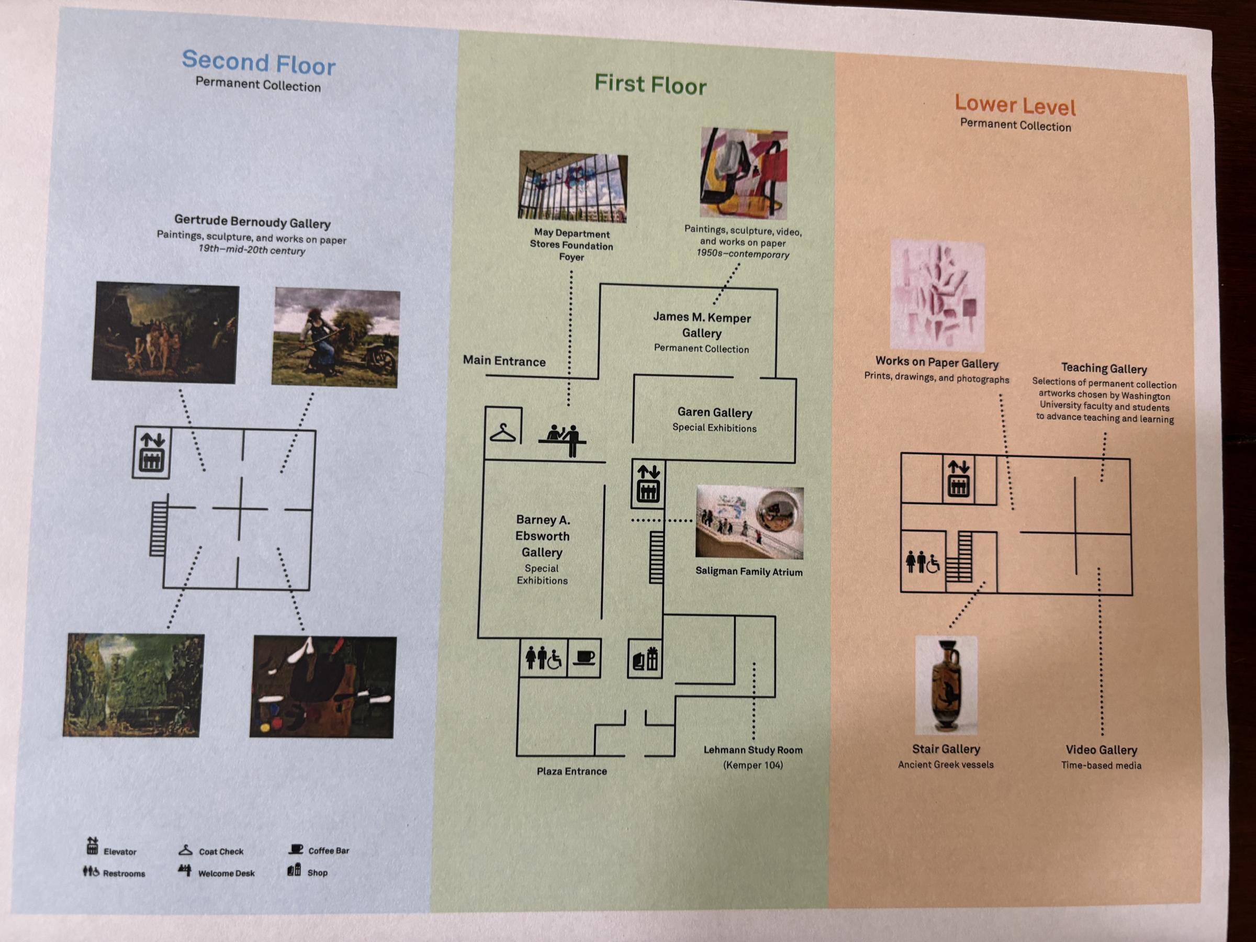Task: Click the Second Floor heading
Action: point(259,62)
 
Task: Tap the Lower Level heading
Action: point(1015,106)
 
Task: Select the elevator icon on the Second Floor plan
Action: point(152,453)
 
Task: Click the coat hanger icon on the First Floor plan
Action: point(503,433)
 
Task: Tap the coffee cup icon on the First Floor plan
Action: point(584,657)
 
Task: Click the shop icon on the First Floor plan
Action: point(645,659)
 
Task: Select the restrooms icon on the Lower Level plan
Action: point(923,562)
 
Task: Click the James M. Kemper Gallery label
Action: point(702,326)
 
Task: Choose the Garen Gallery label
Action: point(715,412)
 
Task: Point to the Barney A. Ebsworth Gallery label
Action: point(542,536)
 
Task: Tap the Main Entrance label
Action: point(504,361)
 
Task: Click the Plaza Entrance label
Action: point(572,771)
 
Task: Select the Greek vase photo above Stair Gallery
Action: point(946,686)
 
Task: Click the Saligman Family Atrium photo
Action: point(749,522)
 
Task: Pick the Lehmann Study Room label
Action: point(753,750)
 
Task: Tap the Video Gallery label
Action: point(1101,750)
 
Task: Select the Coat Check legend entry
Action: point(211,850)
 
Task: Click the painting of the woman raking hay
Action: point(335,338)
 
